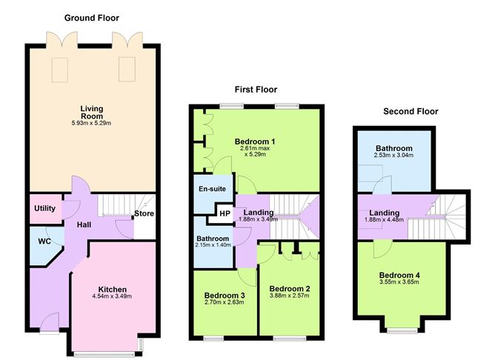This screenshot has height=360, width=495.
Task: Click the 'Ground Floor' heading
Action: [x=92, y=18]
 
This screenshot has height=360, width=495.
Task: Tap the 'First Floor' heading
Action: [x=256, y=90]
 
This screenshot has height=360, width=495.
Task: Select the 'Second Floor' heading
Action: [x=411, y=112]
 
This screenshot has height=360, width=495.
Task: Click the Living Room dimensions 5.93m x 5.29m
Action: [x=92, y=123]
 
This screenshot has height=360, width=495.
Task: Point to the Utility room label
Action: [x=45, y=209]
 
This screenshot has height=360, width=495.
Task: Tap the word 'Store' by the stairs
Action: [x=143, y=216]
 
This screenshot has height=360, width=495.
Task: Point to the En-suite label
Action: [x=211, y=189]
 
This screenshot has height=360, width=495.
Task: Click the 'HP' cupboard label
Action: [x=224, y=214]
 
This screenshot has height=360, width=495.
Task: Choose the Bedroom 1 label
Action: [x=255, y=141]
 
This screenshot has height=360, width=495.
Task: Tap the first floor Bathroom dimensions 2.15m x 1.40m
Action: [x=213, y=245]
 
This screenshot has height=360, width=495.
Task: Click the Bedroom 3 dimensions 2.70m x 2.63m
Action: [x=223, y=302]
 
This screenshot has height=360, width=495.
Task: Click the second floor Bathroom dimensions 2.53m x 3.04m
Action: [x=393, y=156]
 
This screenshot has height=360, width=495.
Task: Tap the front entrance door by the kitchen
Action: [x=49, y=324]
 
